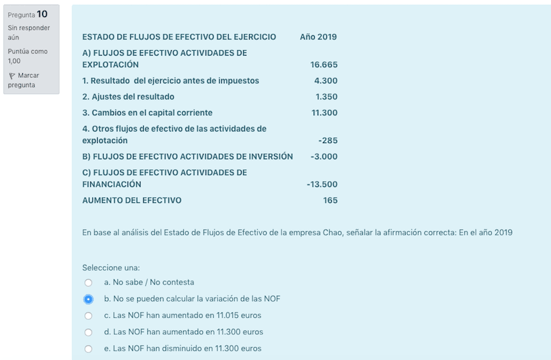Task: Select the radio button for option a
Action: coord(88,283)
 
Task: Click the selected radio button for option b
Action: coord(88,299)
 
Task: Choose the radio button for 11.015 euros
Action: coord(88,316)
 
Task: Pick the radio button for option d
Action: coord(88,332)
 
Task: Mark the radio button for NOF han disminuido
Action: coord(88,349)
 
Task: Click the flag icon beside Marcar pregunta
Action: coord(12,75)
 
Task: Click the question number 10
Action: coord(42,14)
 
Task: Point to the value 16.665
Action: coord(324,64)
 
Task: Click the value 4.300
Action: coord(326,81)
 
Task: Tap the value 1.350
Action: coord(326,97)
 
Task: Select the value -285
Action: coord(328,141)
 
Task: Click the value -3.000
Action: coord(324,157)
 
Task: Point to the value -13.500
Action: coord(322,184)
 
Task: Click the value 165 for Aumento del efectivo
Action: coord(330,200)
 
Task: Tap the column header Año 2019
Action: coord(318,37)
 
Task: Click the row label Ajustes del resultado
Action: coord(128,97)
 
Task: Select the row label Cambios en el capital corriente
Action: coord(147,113)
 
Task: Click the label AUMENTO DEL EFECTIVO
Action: coord(132,200)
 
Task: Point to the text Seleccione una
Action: coord(111,268)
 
